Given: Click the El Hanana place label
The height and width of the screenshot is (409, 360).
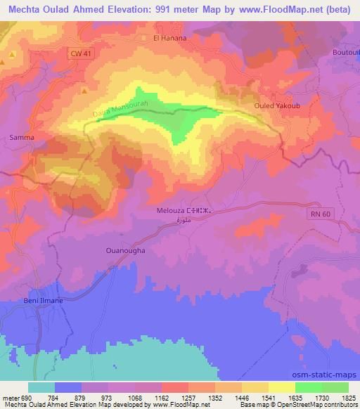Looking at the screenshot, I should tap(169, 38).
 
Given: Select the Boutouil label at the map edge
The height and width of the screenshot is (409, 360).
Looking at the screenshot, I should tap(345, 53).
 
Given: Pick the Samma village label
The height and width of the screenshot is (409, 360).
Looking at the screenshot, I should tap(21, 138).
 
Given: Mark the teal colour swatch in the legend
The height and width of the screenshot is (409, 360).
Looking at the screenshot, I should tap(41, 387).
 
